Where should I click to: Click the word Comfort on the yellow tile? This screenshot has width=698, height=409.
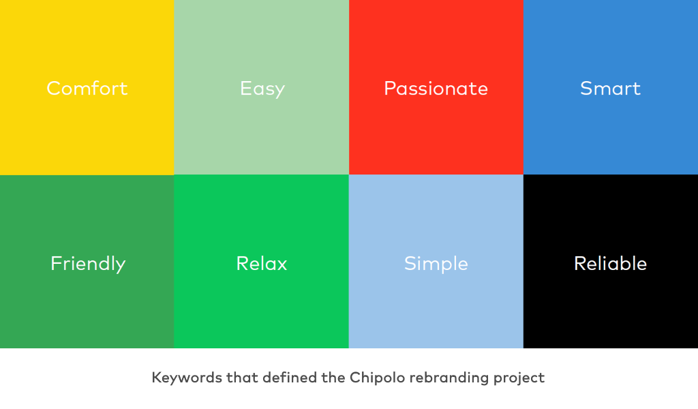[x=87, y=88]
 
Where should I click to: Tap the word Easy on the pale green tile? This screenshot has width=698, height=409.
[x=262, y=89]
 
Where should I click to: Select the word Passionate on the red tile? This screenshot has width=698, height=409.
[x=436, y=88]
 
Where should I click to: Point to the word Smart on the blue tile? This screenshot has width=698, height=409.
[x=610, y=88]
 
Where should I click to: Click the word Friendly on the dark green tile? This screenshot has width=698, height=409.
[x=88, y=264]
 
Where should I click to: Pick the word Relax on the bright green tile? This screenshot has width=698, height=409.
[x=262, y=264]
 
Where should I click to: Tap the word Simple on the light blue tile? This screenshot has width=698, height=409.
[x=436, y=264]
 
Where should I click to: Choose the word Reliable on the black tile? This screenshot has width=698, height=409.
[x=610, y=264]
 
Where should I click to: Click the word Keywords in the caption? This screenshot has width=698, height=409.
[x=187, y=378]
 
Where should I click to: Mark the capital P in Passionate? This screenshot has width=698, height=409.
[x=390, y=88]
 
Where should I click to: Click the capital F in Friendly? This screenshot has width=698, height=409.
[x=56, y=264]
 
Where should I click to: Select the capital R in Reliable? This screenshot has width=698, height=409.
[x=580, y=264]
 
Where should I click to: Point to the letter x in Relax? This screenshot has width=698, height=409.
[x=282, y=266]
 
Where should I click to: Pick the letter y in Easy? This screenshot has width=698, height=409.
[x=279, y=91]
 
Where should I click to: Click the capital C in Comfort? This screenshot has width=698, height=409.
[x=54, y=88]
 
